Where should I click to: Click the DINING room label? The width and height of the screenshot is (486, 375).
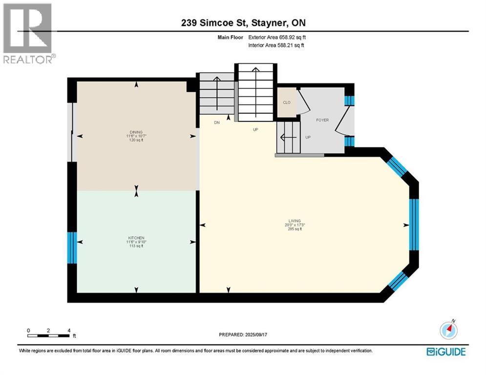[x=136, y=131]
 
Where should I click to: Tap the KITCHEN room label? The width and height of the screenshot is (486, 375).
[x=136, y=238]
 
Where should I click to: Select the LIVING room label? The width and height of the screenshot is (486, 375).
[x=295, y=221]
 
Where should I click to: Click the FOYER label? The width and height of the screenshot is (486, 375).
[x=322, y=120]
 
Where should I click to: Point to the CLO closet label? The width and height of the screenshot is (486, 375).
[x=287, y=103]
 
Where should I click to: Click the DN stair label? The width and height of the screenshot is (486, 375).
[x=217, y=123]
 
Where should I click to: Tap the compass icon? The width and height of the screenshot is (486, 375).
[x=448, y=330]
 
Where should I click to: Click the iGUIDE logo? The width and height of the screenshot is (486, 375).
[x=445, y=352]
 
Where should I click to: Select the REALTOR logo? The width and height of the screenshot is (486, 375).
[x=28, y=33]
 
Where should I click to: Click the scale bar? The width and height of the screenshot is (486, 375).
[x=48, y=335]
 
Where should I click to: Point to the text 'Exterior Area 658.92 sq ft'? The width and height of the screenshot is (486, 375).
[x=275, y=37]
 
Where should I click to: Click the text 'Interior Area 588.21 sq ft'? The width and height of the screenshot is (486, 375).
[x=276, y=45]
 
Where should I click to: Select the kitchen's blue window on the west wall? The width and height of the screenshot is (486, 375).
[x=72, y=248]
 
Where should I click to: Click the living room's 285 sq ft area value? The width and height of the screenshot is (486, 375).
[x=295, y=229]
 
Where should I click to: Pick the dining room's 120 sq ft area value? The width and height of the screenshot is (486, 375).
[x=136, y=139]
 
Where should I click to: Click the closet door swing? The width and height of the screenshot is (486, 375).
[x=303, y=103]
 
